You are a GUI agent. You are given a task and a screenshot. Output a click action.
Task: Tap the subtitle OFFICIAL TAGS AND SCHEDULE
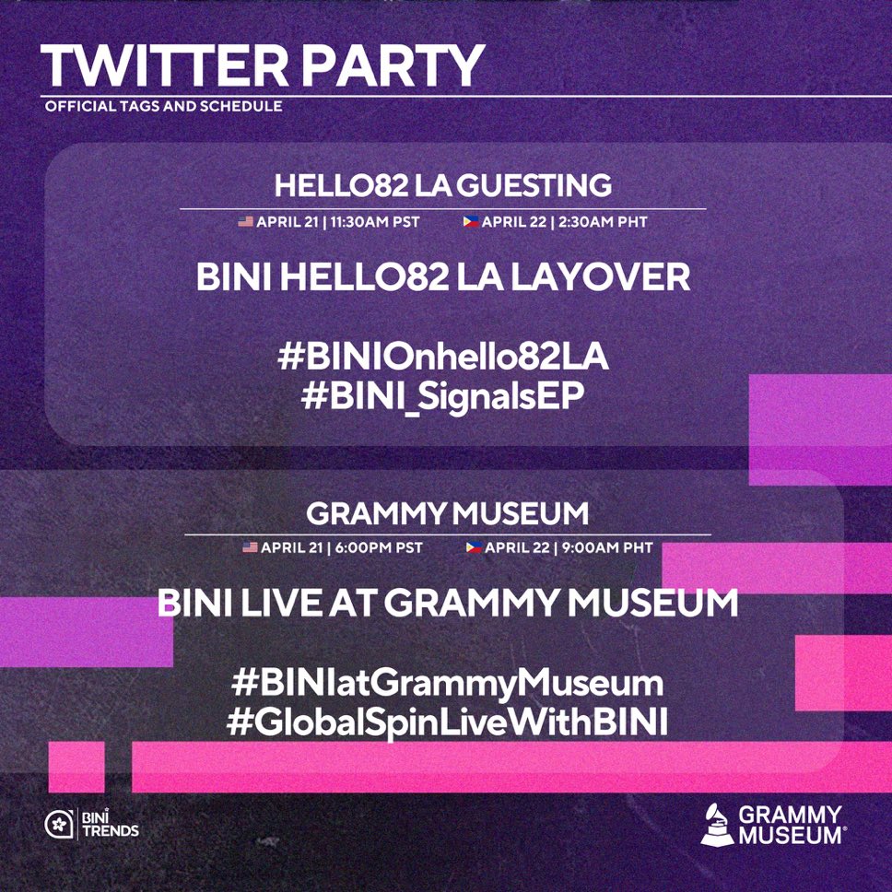pyautogui.click(x=163, y=106)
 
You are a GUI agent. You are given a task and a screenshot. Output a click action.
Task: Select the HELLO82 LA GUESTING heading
pyautogui.click(x=443, y=186)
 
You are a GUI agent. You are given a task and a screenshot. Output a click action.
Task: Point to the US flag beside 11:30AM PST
pyautogui.click(x=245, y=222)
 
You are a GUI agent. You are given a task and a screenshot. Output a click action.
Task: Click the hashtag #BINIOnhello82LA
pyautogui.click(x=443, y=358)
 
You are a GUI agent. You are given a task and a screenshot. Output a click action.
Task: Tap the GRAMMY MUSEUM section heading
pyautogui.click(x=447, y=512)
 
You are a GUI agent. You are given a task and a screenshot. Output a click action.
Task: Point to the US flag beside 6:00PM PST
pyautogui.click(x=250, y=547)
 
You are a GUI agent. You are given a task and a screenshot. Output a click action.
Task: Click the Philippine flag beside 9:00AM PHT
pyautogui.click(x=474, y=547)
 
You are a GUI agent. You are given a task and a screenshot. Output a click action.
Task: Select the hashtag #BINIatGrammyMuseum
pyautogui.click(x=447, y=685)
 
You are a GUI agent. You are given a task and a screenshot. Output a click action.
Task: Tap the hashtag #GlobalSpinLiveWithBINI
pyautogui.click(x=447, y=722)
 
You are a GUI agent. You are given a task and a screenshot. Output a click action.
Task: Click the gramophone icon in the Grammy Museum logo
pyautogui.click(x=718, y=823)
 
